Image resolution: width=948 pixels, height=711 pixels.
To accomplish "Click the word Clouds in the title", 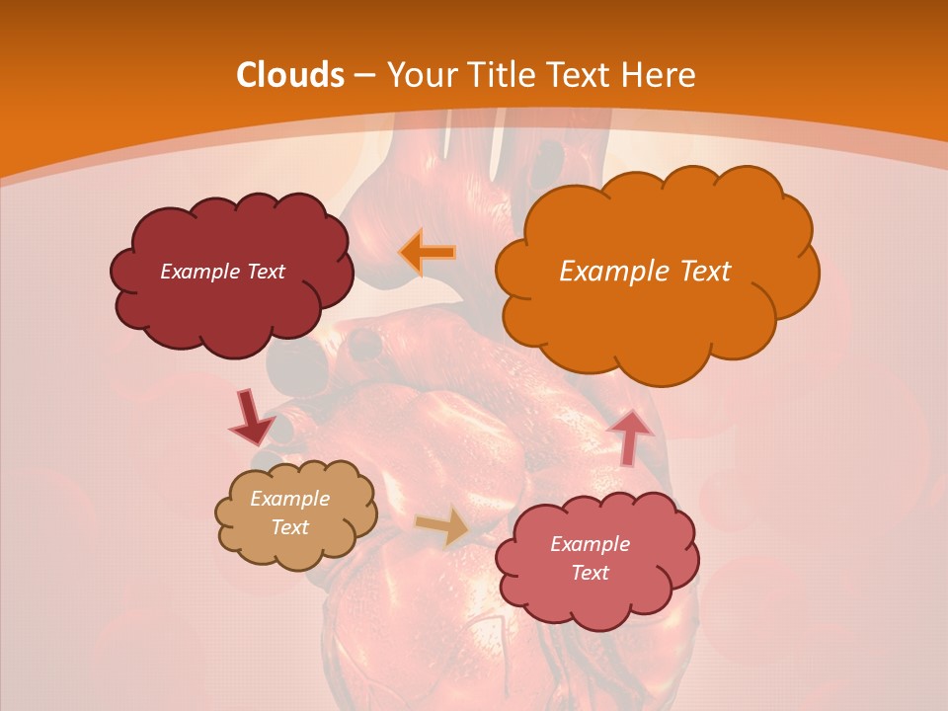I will [x=290, y=75].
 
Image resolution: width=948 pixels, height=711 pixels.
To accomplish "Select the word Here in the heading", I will [x=661, y=75].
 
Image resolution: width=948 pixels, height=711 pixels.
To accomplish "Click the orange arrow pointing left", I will [x=427, y=253].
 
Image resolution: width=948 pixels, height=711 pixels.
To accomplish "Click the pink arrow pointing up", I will [x=629, y=437].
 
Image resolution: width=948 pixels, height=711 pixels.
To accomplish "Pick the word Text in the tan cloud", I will [x=289, y=527].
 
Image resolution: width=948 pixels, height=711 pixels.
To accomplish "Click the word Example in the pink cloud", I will [x=590, y=544].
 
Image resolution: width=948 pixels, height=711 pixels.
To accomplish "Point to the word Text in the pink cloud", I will [x=590, y=573].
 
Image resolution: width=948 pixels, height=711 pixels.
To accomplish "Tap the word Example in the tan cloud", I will [x=289, y=499].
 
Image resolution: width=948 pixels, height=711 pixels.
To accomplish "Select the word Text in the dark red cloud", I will [x=266, y=272].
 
